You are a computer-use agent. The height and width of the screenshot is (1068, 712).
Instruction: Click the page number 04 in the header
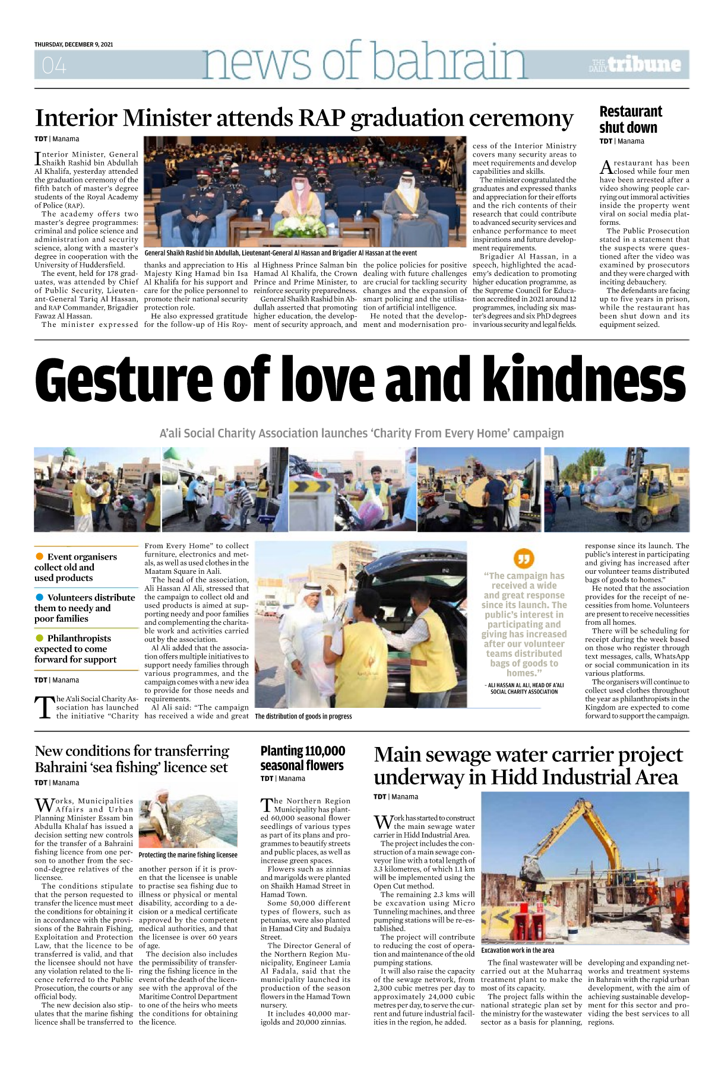(54, 65)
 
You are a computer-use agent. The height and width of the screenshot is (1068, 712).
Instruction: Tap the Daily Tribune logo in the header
(635, 64)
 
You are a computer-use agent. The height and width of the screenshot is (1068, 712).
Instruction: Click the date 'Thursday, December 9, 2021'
(74, 44)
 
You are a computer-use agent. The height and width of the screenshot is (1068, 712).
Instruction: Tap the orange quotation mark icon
(523, 558)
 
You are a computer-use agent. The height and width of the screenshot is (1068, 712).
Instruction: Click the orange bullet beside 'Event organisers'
(40, 556)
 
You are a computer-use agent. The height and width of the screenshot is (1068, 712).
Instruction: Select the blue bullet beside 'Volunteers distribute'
(40, 597)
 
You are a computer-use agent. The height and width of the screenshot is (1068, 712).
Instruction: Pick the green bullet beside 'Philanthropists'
(40, 638)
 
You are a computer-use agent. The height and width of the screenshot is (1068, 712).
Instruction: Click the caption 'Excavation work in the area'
(517, 950)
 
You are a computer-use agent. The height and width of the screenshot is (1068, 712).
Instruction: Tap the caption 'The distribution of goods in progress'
(303, 716)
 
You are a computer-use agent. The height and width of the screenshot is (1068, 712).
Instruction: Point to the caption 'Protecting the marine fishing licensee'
(188, 855)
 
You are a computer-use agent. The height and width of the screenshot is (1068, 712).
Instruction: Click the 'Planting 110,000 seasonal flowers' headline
(303, 758)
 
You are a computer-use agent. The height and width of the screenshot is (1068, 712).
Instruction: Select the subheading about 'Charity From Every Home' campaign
(362, 433)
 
